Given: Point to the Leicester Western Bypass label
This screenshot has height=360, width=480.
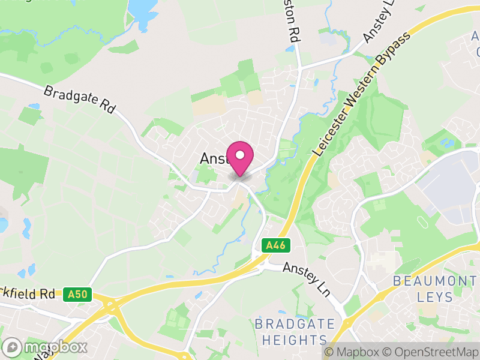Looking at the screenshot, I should [361, 96].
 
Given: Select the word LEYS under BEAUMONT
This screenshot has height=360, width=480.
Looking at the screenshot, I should [434, 296].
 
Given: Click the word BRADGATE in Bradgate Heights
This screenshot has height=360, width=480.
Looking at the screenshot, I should [295, 324].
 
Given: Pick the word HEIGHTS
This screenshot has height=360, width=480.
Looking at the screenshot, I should [295, 340].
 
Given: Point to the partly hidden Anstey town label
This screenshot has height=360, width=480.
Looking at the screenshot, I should [212, 158].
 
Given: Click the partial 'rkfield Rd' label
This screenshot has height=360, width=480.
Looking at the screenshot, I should [30, 294].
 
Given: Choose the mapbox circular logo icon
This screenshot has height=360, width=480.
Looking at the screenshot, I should [13, 347].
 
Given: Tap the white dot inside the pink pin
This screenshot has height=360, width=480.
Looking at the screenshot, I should [240, 155].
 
